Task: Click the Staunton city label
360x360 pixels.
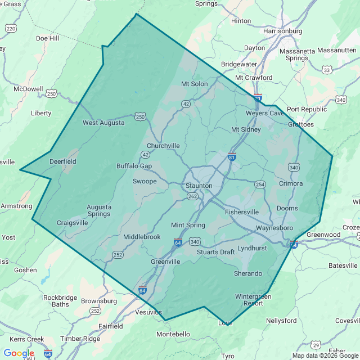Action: pyautogui.click(x=199, y=186)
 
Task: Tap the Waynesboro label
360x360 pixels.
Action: pyautogui.click(x=274, y=228)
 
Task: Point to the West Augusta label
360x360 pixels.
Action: pyautogui.click(x=103, y=123)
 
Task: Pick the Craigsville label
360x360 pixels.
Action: pyautogui.click(x=73, y=223)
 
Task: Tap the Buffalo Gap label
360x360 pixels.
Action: pyautogui.click(x=134, y=166)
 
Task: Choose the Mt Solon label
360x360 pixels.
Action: pyautogui.click(x=194, y=84)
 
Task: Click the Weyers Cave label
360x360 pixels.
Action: pyautogui.click(x=265, y=113)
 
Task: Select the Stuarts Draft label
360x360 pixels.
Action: pyautogui.click(x=215, y=252)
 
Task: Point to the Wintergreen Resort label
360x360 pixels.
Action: pyautogui.click(x=253, y=300)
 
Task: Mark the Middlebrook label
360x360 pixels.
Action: pyautogui.click(x=142, y=237)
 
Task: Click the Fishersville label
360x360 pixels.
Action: pyautogui.click(x=242, y=212)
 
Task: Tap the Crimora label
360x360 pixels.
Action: pyautogui.click(x=291, y=183)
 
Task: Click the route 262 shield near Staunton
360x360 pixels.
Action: pyautogui.click(x=193, y=196)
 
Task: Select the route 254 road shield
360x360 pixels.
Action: pyautogui.click(x=259, y=184)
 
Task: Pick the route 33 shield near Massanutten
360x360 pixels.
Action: pyautogui.click(x=326, y=70)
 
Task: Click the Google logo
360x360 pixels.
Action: pyautogui.click(x=19, y=353)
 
